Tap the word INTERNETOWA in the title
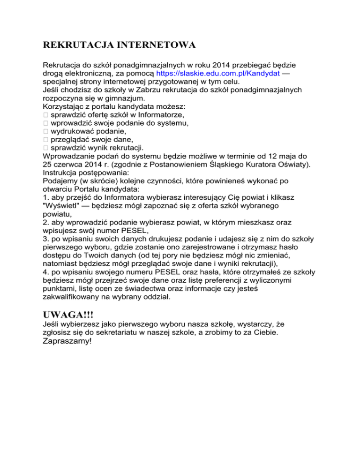pos(156,45)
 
